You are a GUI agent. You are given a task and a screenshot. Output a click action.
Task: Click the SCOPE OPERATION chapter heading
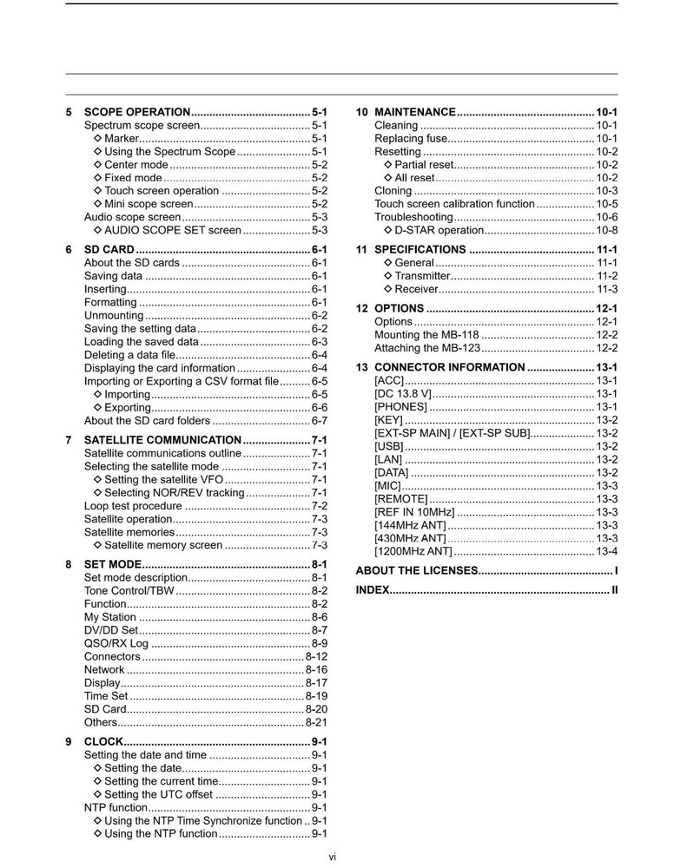click(137, 112)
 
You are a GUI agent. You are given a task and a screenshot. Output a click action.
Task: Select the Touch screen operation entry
click(162, 190)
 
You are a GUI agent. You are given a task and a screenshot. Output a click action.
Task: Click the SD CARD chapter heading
click(109, 250)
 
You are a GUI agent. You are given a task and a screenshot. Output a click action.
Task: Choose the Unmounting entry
click(113, 315)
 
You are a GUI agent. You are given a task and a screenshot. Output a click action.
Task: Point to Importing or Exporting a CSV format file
click(182, 381)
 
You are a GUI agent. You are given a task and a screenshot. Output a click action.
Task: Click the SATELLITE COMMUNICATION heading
click(162, 440)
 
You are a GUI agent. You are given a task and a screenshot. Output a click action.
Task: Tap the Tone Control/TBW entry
click(129, 591)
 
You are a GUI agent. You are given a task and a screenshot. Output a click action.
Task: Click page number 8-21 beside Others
click(316, 722)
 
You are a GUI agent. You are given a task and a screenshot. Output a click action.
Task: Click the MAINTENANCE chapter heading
click(415, 112)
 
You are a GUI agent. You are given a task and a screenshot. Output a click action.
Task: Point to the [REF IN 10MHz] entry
click(414, 512)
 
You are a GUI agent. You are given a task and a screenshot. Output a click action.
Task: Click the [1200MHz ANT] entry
click(413, 551)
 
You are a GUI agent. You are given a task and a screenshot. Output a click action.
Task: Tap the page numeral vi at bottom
click(333, 857)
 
